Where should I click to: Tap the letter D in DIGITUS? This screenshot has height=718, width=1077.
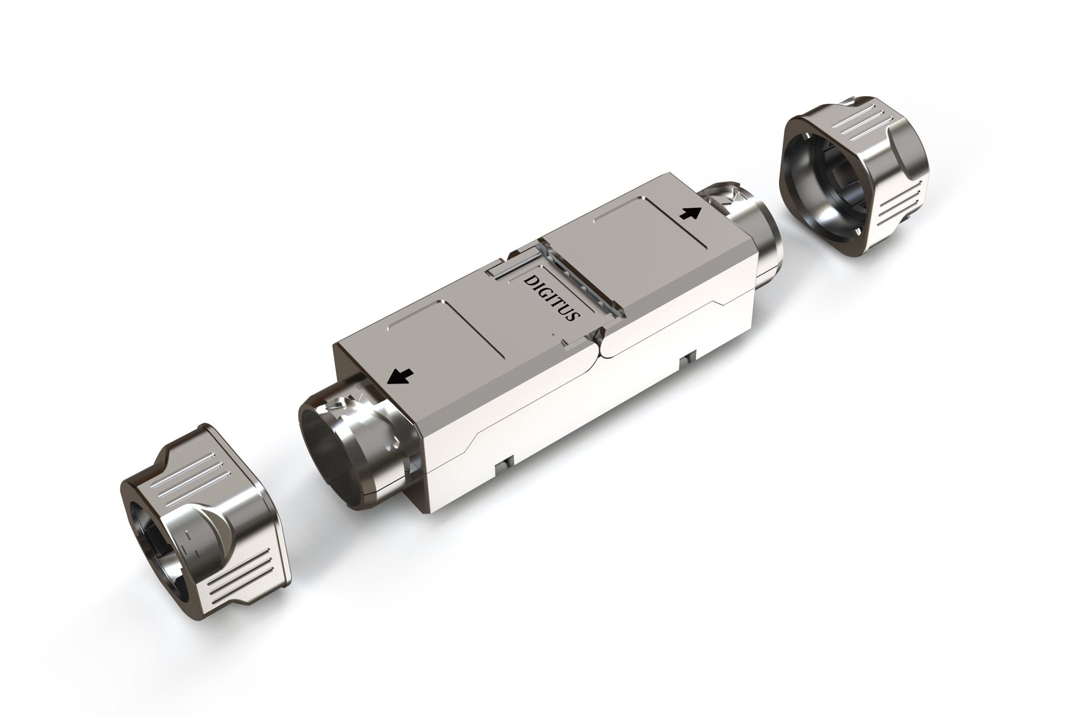pyautogui.click(x=530, y=282)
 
